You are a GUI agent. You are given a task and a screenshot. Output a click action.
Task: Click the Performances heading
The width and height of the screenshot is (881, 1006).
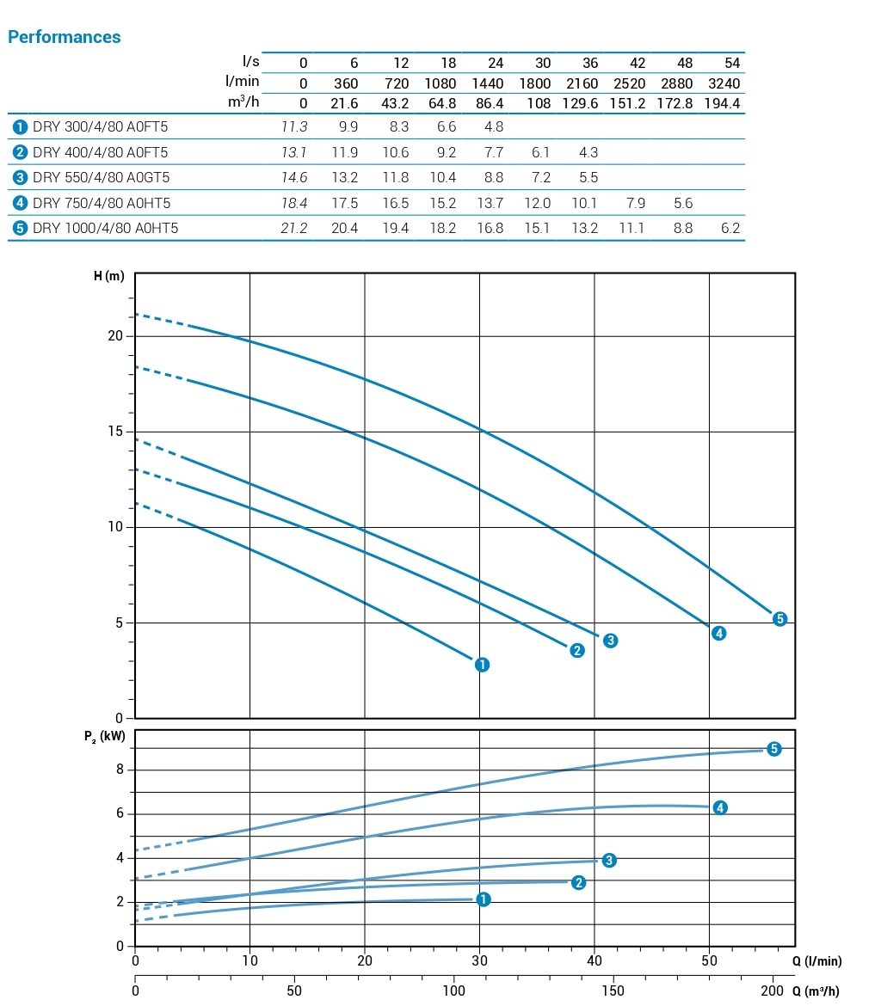point(64,37)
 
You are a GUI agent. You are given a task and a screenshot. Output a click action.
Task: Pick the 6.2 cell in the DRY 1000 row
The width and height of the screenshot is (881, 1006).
point(730,228)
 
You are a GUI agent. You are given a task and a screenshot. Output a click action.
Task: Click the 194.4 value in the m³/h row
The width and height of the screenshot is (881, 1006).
point(723,103)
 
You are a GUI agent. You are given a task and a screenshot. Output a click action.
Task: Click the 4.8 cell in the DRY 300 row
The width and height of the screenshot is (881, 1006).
point(493,127)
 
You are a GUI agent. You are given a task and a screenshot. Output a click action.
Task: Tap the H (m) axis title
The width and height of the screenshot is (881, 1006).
point(109,276)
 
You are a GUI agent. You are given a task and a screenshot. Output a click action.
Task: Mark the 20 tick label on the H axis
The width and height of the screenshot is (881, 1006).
point(115,336)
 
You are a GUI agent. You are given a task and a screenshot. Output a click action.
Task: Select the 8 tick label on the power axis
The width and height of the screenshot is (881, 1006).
point(120,770)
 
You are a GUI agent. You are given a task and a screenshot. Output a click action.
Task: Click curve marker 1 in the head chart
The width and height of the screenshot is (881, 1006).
point(482,665)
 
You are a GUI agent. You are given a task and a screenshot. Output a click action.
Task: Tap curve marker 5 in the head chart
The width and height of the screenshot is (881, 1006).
point(779,619)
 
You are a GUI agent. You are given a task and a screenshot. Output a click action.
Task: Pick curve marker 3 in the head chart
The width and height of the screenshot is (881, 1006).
point(610,641)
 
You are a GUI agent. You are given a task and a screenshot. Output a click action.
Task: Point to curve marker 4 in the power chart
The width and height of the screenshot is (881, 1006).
point(720,807)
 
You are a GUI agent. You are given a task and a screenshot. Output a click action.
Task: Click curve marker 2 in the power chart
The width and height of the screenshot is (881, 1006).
point(578,883)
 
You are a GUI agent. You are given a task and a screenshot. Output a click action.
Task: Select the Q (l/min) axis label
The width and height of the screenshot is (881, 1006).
point(816,961)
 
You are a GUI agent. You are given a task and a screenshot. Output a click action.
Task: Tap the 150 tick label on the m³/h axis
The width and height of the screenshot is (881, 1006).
point(613,991)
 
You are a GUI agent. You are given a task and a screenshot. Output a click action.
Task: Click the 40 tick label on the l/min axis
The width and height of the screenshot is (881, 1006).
point(595,960)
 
